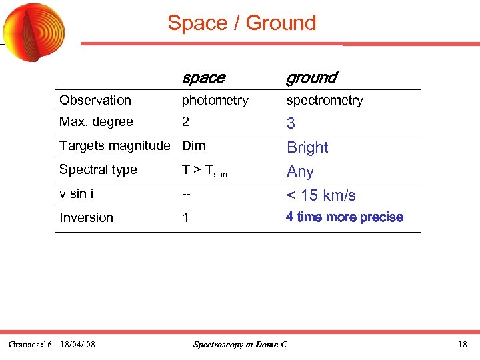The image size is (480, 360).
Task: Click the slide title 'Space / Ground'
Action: pos(241,23)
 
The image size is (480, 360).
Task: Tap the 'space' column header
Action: pos(203,78)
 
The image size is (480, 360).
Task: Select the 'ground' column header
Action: pos(311,78)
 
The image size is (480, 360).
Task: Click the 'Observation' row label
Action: pos(95,100)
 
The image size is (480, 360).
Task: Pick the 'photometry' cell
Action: pos(215,101)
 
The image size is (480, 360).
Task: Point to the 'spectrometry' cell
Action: pos(325,101)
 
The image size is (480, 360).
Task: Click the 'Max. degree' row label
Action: pos(96,122)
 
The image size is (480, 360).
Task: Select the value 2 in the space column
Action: pos(186,122)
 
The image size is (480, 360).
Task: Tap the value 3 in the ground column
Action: pos(291,123)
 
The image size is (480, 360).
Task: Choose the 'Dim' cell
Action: pos(194,145)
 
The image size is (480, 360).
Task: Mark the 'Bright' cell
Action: pos(307,147)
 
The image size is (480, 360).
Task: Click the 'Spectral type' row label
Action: pos(98,169)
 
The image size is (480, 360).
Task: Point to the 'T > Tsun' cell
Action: pos(205,171)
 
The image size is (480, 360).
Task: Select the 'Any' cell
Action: pos(300,171)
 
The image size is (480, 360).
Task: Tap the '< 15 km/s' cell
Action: pos(321,195)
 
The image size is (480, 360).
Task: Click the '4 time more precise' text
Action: pos(345,217)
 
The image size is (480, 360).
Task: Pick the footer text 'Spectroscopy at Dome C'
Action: pos(240,345)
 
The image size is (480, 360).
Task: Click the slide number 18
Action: pos(463,345)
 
